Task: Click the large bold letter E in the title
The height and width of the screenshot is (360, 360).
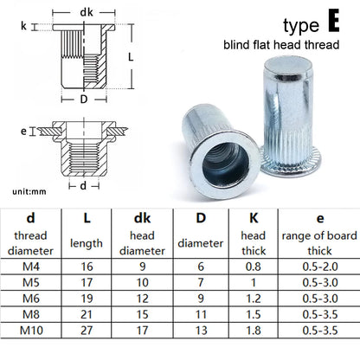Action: [334, 20]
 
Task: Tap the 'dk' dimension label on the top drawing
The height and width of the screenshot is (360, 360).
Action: [87, 12]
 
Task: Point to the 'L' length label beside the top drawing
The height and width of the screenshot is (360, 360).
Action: [131, 57]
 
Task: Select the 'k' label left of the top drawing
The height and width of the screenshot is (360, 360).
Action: [23, 26]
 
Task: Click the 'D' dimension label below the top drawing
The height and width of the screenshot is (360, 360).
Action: [84, 100]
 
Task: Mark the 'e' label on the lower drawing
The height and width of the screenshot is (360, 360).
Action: [23, 132]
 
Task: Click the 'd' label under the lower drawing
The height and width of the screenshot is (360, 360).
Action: [83, 185]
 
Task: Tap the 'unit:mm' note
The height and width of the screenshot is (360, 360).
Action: [29, 191]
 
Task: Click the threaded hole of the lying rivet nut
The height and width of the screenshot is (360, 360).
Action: [225, 166]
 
